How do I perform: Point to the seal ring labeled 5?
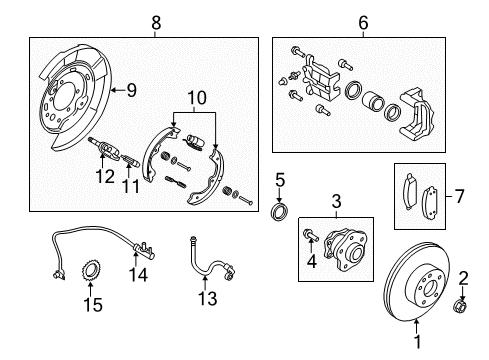[x=282, y=212]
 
